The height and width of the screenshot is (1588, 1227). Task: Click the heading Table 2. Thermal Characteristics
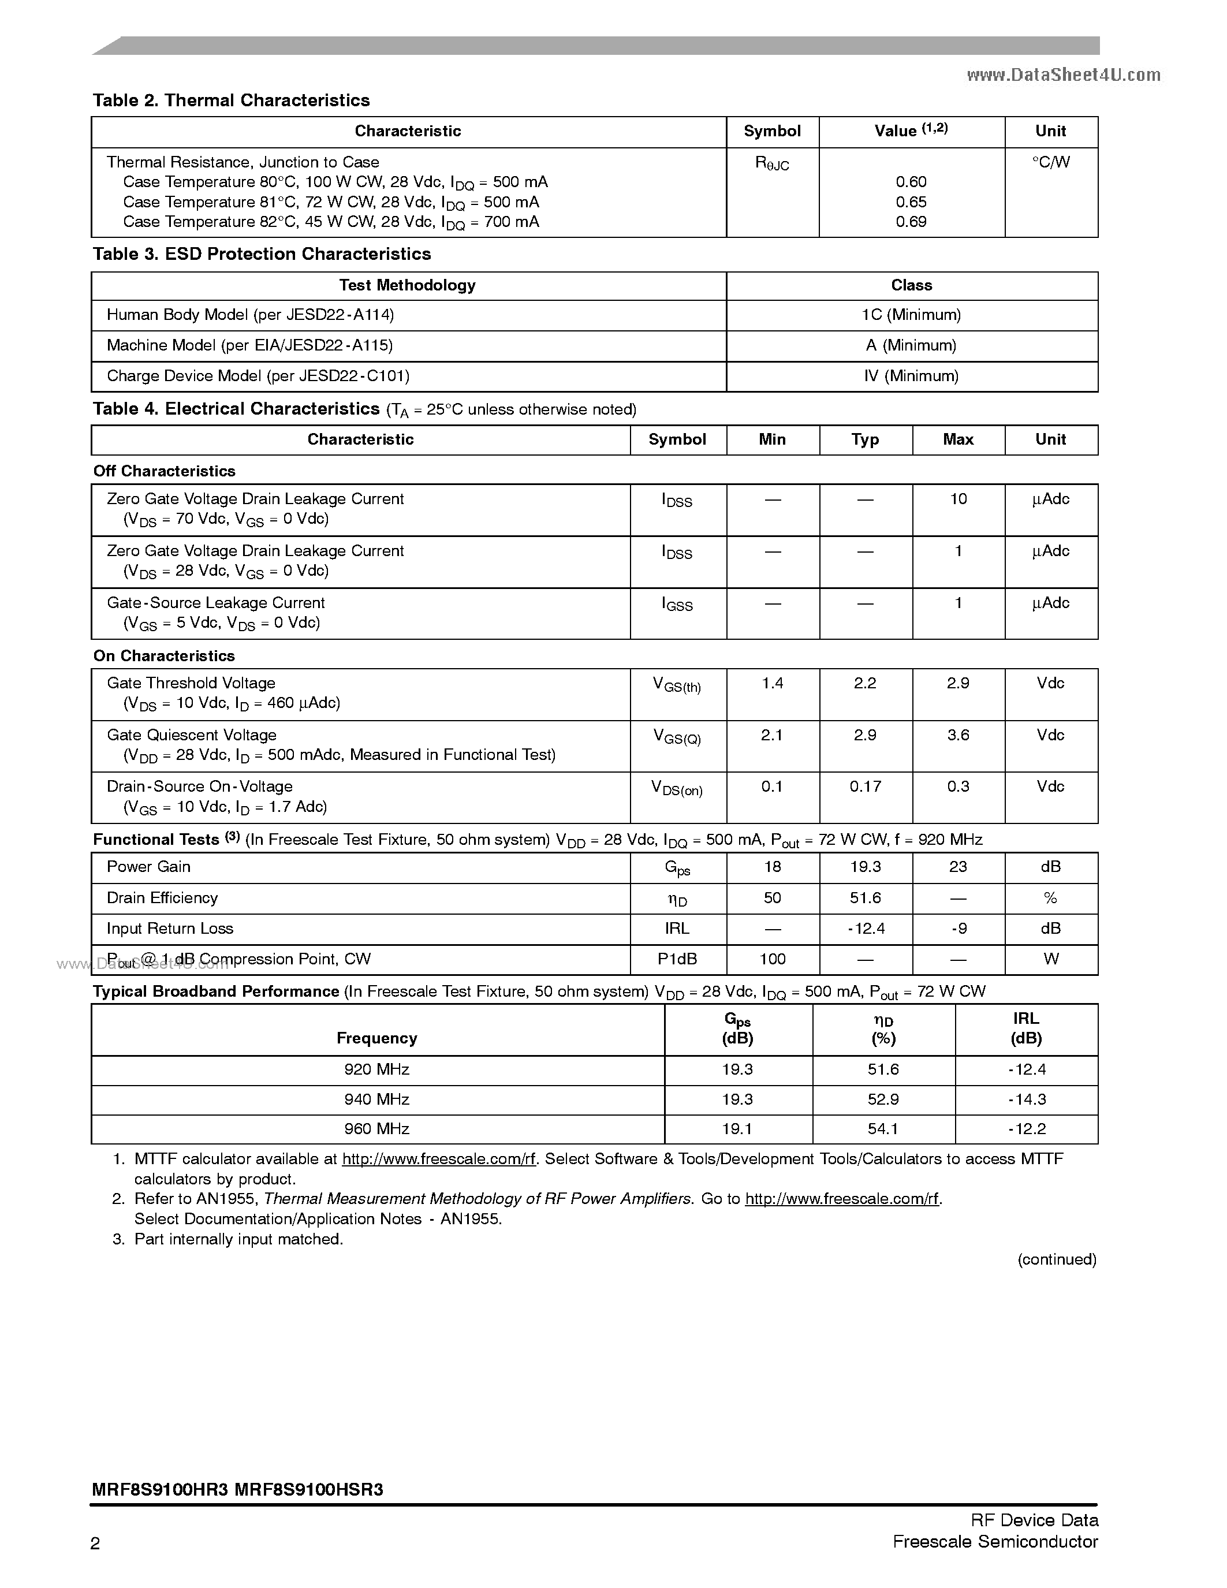coord(231,100)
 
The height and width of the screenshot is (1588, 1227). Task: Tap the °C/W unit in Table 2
coord(1050,162)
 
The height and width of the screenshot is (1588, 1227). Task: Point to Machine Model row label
coord(249,345)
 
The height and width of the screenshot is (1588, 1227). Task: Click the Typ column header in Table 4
coord(865,439)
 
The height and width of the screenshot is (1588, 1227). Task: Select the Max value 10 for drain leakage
coord(958,499)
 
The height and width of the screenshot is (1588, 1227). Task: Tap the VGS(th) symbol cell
coord(677,685)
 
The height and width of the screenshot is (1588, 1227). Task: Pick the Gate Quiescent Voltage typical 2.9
coord(865,735)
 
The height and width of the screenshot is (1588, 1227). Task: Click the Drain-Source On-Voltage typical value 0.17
coord(865,786)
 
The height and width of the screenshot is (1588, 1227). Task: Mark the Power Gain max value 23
coord(958,867)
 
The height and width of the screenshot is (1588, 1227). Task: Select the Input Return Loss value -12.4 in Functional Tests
coord(865,929)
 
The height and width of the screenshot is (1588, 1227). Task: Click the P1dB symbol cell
coord(677,959)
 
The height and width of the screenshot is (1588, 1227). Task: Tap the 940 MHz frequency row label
coord(376,1099)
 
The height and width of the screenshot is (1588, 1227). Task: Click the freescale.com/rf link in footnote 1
coord(438,1159)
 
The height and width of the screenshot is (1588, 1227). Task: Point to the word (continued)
coord(1056,1259)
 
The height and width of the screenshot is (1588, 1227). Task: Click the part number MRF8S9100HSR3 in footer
coord(309,1490)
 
